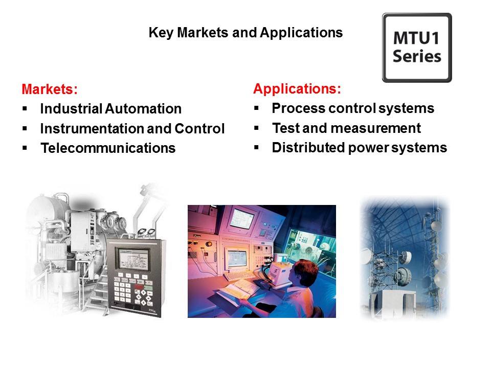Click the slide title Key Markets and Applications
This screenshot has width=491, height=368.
tap(245, 33)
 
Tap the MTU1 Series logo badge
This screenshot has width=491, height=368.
tap(417, 48)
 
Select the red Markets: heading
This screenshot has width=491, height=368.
tap(50, 89)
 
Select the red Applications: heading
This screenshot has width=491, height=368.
tap(297, 89)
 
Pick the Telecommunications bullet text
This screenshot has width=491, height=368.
tap(108, 148)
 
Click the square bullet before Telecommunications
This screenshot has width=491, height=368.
tap(25, 148)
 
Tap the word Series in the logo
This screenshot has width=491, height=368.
tap(417, 56)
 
